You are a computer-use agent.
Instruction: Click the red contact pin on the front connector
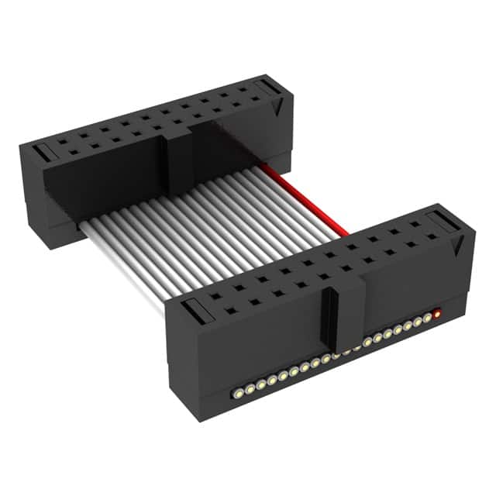pyautogui.click(x=438, y=315)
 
